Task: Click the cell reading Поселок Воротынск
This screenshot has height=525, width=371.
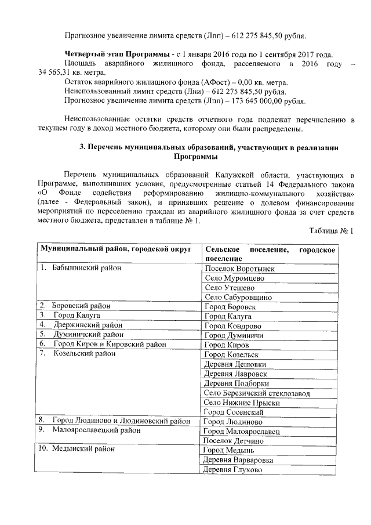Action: [239, 269]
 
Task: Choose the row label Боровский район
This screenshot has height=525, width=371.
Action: [81, 306]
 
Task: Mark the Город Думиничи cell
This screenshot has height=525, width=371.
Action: [234, 335]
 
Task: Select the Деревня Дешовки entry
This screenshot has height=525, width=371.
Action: [234, 364]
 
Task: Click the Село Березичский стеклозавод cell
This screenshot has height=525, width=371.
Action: [257, 393]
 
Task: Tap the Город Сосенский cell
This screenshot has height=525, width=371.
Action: [234, 411]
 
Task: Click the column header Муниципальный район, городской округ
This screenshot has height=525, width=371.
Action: [115, 248]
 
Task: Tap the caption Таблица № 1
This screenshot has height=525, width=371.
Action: [331, 231]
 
